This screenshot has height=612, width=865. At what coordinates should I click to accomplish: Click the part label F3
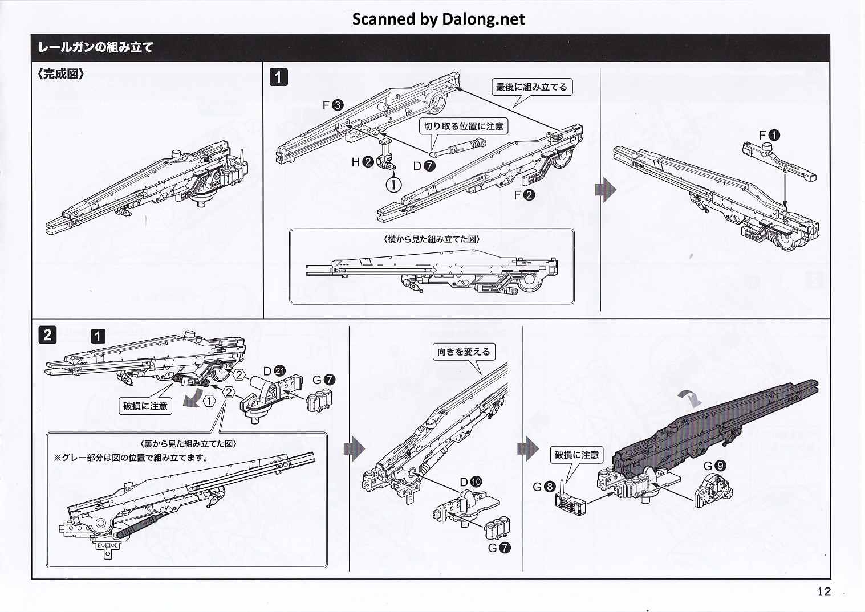(332, 105)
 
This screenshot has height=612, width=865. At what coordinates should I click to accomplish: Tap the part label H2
(362, 162)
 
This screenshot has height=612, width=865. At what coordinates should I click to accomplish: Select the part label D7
(424, 166)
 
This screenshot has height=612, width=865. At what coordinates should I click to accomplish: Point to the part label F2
(524, 195)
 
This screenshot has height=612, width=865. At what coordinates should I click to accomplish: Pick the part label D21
(273, 370)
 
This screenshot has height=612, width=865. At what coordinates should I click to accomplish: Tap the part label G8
(543, 487)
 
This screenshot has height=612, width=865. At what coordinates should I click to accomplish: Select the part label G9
(714, 466)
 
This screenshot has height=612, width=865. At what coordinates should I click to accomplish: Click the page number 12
(824, 591)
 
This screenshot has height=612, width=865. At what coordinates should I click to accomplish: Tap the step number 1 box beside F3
(278, 77)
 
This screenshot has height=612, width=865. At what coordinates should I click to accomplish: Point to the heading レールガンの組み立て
(95, 47)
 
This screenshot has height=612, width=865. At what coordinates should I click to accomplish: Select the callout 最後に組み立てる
(531, 87)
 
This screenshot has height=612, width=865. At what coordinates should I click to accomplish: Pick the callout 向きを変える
(464, 352)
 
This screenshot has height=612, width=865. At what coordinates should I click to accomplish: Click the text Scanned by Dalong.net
(438, 19)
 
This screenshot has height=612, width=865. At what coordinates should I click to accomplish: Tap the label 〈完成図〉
(61, 75)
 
